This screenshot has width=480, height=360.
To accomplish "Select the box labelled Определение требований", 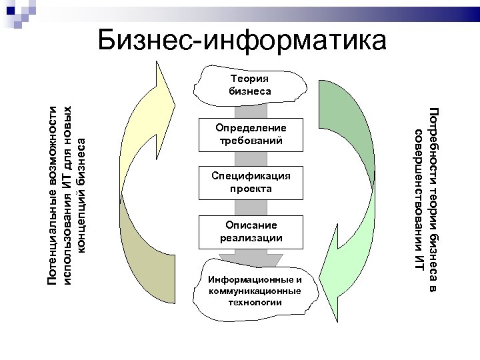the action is [250, 134].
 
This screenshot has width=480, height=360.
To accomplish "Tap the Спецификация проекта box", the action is [250, 182].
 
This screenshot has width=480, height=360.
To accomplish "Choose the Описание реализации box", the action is [251, 231].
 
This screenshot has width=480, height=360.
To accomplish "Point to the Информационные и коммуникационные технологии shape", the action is [253, 291].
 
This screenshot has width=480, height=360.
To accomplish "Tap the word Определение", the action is [250, 128].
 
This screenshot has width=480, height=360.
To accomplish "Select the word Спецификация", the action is [250, 176].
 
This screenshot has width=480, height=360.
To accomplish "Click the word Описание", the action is [251, 225].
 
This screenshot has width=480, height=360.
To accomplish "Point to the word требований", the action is [250, 141].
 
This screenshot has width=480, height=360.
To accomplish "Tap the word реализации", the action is [251, 237].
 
